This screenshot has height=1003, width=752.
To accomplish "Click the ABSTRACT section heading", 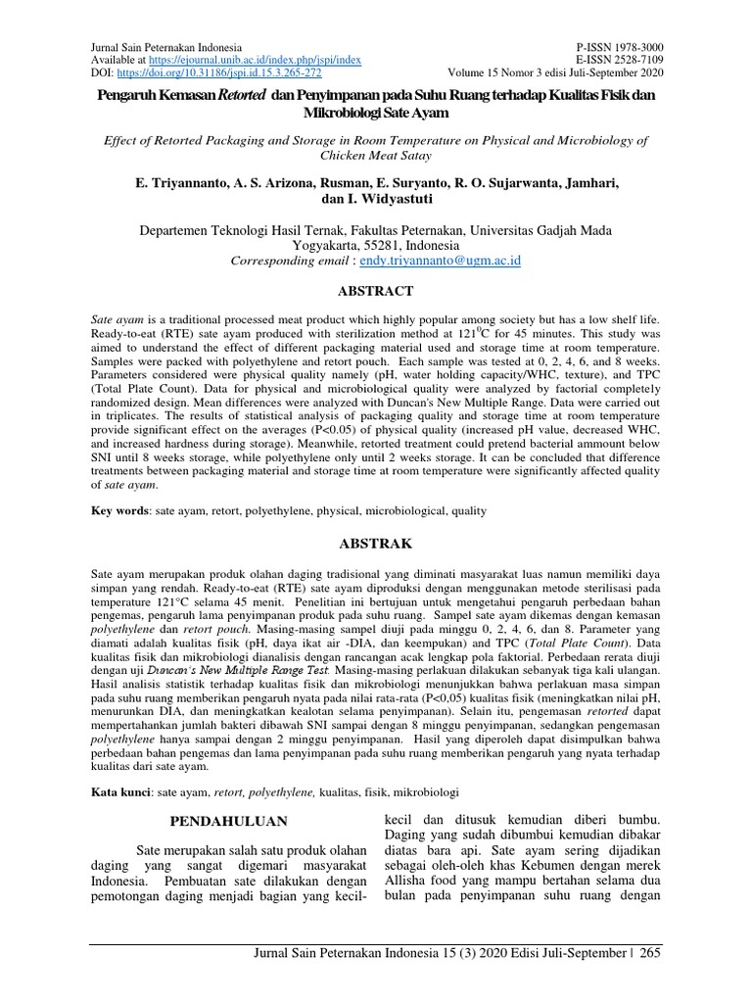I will pos(376,291).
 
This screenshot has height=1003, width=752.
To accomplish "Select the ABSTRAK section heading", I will pos(376,543).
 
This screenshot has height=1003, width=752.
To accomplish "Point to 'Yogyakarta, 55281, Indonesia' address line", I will pos(376,246).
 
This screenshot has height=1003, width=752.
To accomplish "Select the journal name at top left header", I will pos(165,47).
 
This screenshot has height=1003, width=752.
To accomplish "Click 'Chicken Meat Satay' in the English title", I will pos(376,155).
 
